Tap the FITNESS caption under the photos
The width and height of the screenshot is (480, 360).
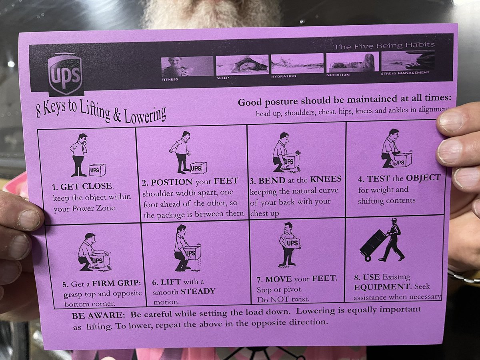[x=170, y=80]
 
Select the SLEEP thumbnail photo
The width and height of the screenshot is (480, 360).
[x=242, y=65]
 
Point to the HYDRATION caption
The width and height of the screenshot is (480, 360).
[x=284, y=76]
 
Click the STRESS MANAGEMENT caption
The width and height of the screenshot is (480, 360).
[x=405, y=73]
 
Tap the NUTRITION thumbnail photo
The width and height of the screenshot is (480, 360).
[x=352, y=62]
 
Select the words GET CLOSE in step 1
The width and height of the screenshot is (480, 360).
[x=86, y=186]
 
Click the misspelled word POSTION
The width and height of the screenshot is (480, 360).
[x=172, y=182]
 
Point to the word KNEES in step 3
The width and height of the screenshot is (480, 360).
[x=326, y=179]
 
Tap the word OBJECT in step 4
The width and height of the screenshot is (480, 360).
[x=423, y=178]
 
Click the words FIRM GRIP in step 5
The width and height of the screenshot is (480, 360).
[x=116, y=283]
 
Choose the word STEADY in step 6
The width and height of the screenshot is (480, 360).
[x=198, y=291]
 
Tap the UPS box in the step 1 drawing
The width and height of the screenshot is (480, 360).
[x=97, y=170]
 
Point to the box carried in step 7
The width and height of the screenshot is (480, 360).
[x=293, y=243]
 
